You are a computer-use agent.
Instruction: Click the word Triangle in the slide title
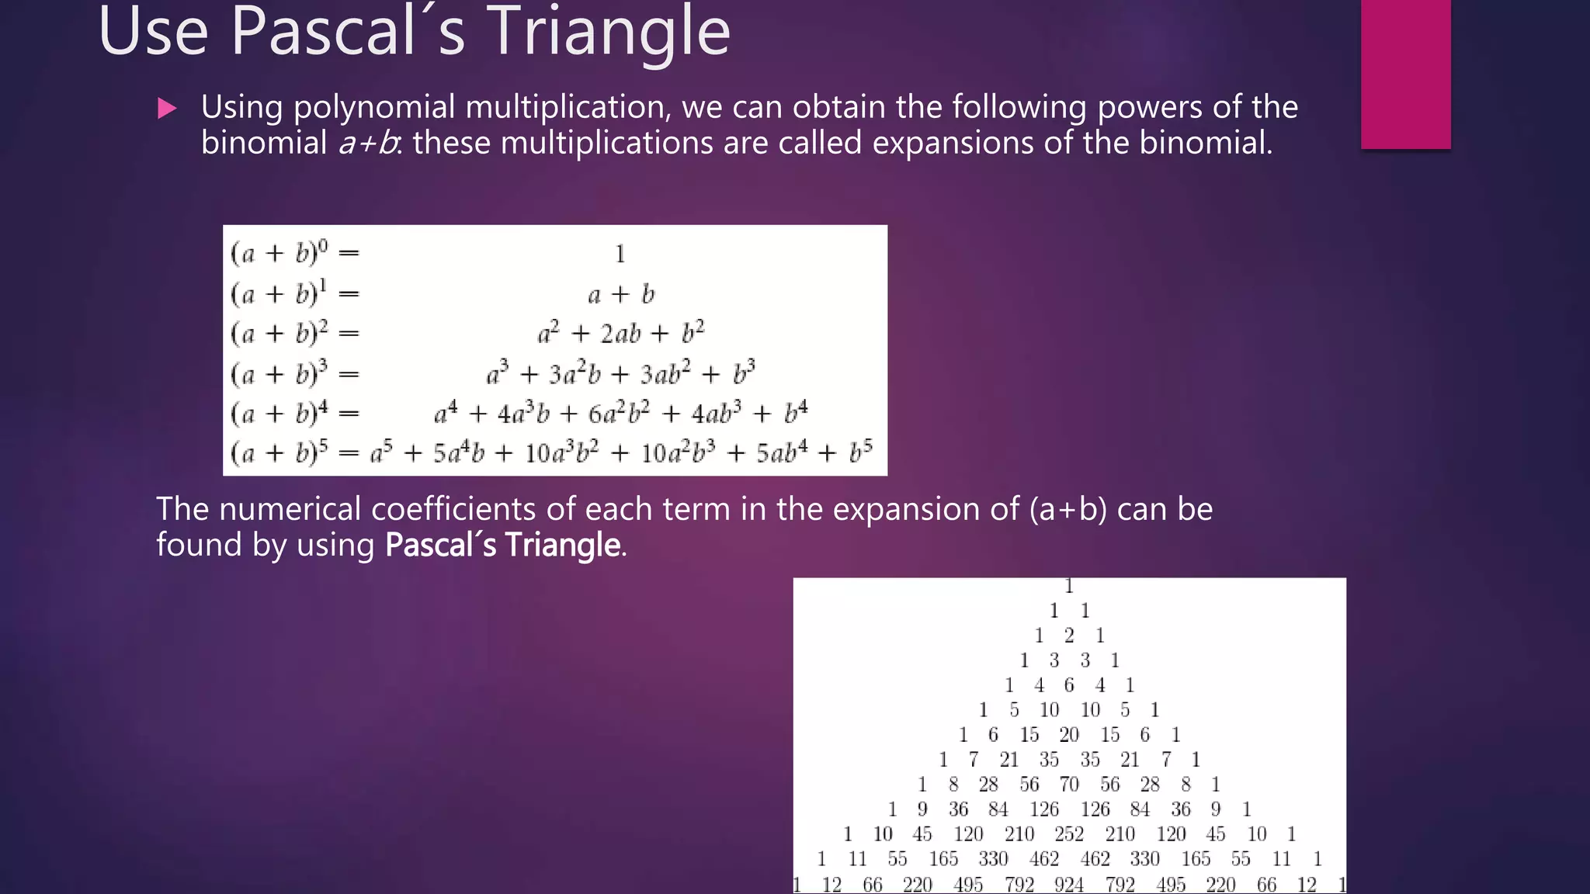[x=608, y=33]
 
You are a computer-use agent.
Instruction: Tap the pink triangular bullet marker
[x=166, y=108]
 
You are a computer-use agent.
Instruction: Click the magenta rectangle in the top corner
[x=1405, y=74]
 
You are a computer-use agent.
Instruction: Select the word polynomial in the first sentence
[x=374, y=107]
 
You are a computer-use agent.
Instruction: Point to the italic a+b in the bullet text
[x=368, y=144]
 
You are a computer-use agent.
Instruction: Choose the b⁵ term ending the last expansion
[x=860, y=452]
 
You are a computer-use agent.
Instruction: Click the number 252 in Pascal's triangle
[x=1068, y=834]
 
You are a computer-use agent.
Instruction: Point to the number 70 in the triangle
[x=1069, y=785]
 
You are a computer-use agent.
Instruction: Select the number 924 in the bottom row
[x=1068, y=884]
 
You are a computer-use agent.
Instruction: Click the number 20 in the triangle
[x=1069, y=735]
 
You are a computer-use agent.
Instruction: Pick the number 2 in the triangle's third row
[x=1069, y=636]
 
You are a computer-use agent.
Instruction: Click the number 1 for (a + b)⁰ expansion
[x=620, y=254]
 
